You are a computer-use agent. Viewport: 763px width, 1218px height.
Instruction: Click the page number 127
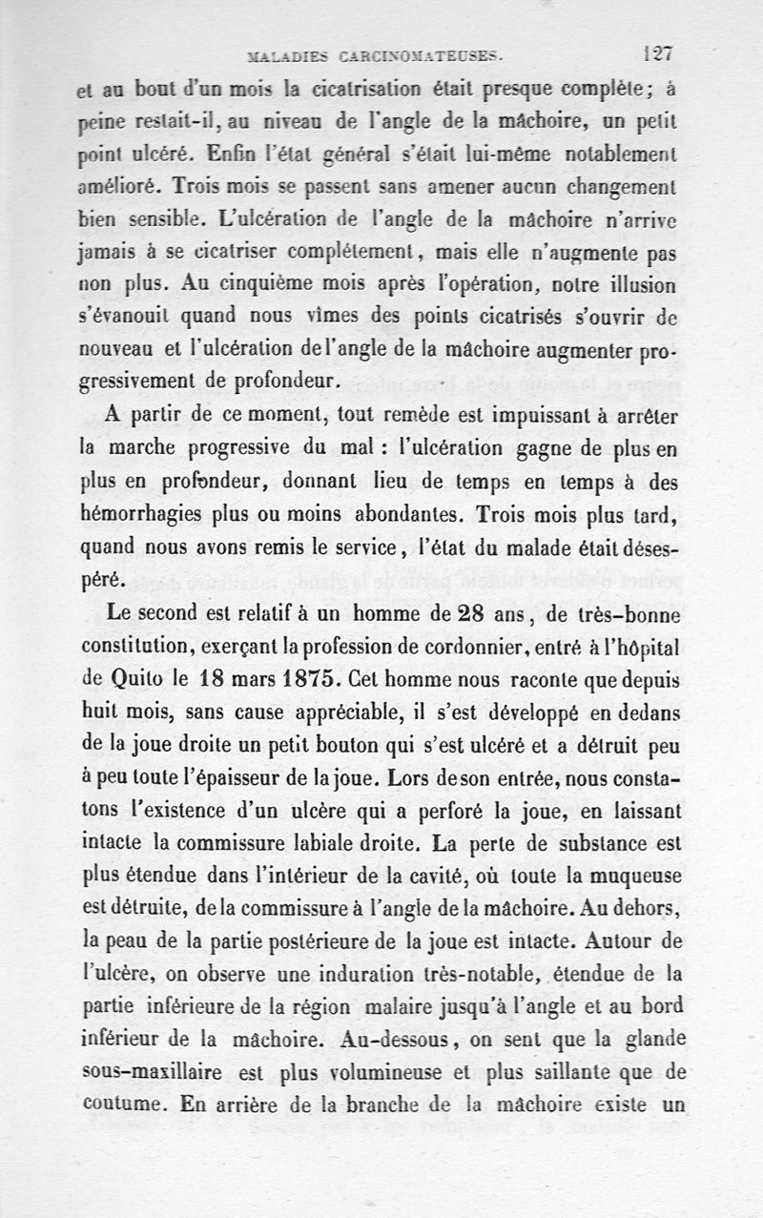[x=659, y=53]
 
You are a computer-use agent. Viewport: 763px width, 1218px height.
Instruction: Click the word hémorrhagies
[x=141, y=516]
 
